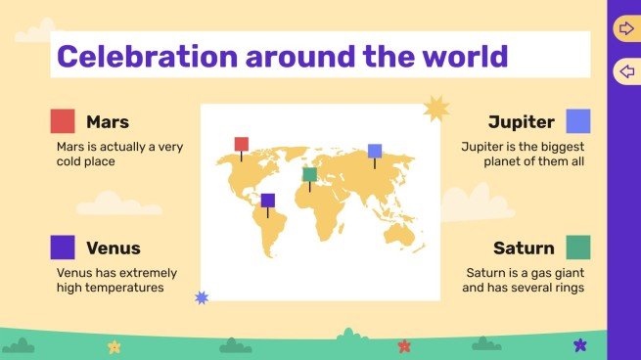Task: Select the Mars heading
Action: [x=108, y=122]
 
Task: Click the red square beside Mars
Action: [x=63, y=121]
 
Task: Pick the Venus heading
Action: [x=114, y=248]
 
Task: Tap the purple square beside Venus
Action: [x=63, y=247]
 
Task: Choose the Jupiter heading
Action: [x=522, y=122]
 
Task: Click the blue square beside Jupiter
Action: [x=578, y=121]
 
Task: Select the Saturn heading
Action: [x=524, y=248]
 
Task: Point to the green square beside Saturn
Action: [x=578, y=247]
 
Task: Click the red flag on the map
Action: [x=241, y=145]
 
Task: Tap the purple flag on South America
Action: [x=268, y=201]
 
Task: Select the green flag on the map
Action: [x=309, y=175]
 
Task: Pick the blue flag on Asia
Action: [x=375, y=152]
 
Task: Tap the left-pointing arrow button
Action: [x=625, y=71]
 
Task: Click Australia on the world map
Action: [x=401, y=232]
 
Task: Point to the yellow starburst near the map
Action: [x=434, y=109]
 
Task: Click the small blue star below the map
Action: [x=202, y=297]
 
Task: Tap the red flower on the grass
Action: [x=404, y=345]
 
